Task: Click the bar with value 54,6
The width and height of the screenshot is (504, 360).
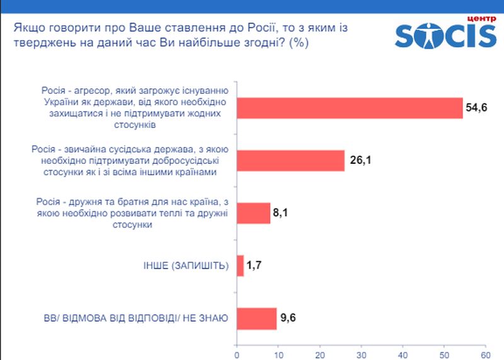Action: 350,108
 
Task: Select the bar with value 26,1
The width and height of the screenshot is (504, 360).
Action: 290,161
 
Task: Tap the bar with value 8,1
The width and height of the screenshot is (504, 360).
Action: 253,214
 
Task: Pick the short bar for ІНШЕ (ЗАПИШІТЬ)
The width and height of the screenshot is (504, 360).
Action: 240,265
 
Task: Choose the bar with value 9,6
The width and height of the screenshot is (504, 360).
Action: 256,318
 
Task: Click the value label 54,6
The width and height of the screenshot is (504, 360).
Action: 477,108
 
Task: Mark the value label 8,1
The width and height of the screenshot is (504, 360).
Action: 281,214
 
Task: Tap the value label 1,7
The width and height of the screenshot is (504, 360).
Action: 254,266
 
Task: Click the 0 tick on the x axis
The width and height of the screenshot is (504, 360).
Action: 236,354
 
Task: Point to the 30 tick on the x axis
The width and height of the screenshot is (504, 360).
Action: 361,354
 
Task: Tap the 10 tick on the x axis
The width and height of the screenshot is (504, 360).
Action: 278,354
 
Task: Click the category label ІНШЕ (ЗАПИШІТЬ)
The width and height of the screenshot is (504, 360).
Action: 187,266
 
